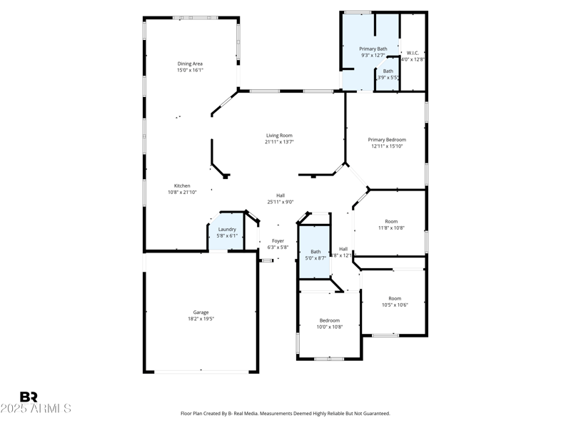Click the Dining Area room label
click(x=190, y=63)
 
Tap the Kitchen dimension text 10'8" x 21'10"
click(x=181, y=192)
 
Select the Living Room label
click(x=279, y=135)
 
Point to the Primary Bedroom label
click(x=387, y=139)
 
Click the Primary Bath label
click(x=373, y=49)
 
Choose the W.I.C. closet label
click(x=413, y=52)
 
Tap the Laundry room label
click(x=227, y=229)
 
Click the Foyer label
click(x=278, y=241)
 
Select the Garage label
click(x=201, y=312)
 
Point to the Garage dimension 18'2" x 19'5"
click(x=201, y=319)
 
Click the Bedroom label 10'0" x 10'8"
click(x=329, y=320)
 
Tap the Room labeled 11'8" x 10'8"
click(x=390, y=221)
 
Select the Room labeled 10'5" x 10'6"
click(x=394, y=298)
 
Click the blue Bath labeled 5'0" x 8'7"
click(x=315, y=251)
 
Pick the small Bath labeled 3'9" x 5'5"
click(x=388, y=71)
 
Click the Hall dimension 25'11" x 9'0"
click(x=281, y=202)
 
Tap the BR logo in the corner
click(x=29, y=397)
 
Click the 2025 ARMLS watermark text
click(x=36, y=409)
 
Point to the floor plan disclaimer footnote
click(x=285, y=413)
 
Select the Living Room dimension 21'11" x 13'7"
click(x=279, y=142)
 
